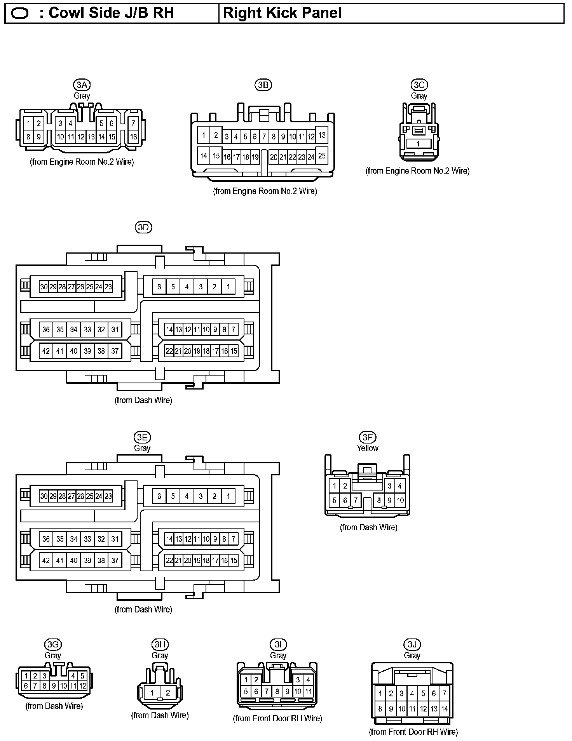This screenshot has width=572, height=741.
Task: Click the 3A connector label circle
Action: tap(82, 85)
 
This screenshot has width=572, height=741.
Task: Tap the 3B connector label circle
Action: tap(263, 85)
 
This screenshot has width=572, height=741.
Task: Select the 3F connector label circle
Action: tap(367, 438)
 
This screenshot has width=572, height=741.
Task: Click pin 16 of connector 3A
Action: tap(133, 137)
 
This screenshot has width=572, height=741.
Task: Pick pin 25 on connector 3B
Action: tap(322, 156)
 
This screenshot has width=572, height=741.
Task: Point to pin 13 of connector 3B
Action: tap(322, 135)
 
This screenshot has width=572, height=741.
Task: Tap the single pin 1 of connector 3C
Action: tap(418, 144)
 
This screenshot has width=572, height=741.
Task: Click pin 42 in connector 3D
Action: tap(46, 351)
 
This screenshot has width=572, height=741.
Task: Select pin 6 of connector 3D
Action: tap(159, 287)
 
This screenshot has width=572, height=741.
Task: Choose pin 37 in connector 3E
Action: tap(115, 560)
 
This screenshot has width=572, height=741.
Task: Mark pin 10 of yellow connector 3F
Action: tap(400, 501)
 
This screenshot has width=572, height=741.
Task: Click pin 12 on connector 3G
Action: tap(82, 686)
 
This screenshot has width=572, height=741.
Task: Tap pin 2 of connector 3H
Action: tap(168, 692)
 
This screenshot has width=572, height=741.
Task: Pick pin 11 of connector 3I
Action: tap(309, 691)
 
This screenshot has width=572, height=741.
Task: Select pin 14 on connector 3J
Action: tap(445, 709)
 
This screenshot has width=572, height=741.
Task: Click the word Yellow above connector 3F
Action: tap(367, 448)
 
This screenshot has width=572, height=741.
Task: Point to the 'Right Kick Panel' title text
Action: tap(282, 13)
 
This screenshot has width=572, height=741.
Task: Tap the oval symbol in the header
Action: tap(20, 14)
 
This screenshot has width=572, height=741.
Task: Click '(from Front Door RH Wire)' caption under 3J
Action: tap(413, 732)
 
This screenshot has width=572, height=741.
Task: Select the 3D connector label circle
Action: tap(143, 228)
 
